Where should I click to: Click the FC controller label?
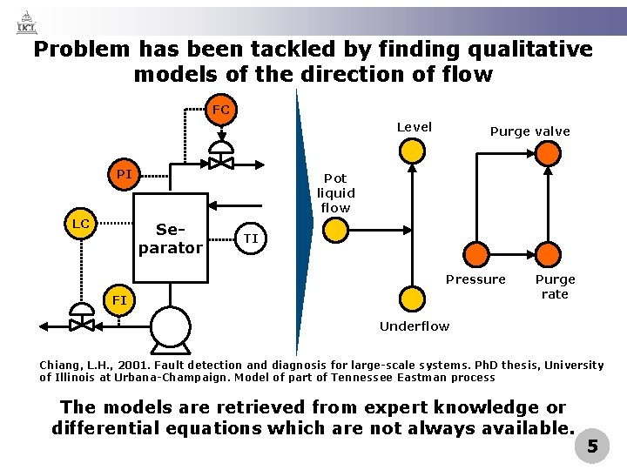coord(221,110)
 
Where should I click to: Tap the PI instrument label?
coord(125,174)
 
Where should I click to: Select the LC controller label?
coord(81,224)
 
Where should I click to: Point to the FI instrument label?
coord(119,300)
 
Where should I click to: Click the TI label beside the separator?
coord(251,238)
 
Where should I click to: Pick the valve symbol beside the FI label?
coord(82,322)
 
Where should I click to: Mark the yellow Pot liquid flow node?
coord(335,230)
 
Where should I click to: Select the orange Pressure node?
coord(476,254)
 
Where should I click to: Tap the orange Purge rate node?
coord(548,254)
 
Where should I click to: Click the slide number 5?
coord(592,447)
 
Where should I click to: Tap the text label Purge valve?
coord(529,131)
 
